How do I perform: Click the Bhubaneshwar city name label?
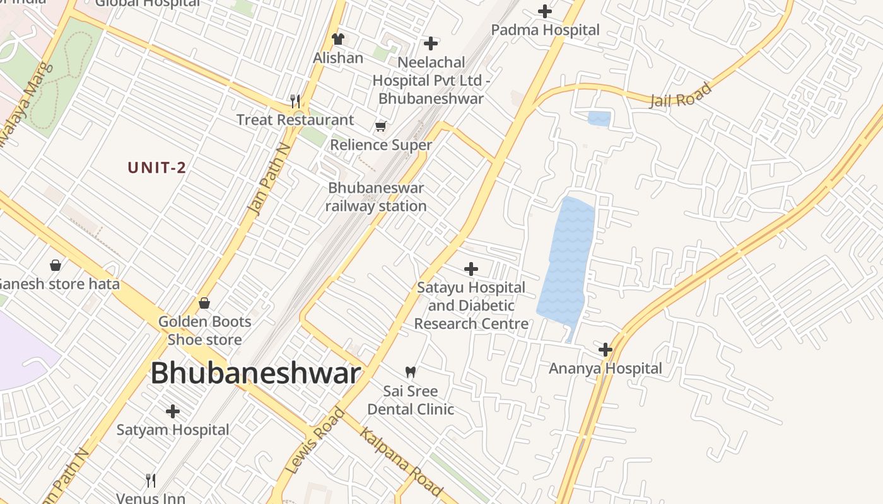coord(255,373)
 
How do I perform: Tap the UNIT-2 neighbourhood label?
coord(157,168)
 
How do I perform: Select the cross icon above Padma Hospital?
coord(545,11)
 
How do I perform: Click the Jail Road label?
coord(681,95)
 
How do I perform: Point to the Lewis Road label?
coord(315,441)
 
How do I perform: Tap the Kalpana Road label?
coord(401,462)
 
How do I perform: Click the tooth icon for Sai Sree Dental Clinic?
coord(411,372)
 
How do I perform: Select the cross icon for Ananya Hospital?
coord(605,349)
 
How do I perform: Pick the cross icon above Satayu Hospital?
coord(471,269)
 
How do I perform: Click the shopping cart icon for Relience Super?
coord(380,127)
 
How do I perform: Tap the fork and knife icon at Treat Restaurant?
coord(295,101)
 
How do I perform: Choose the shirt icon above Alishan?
coord(338,39)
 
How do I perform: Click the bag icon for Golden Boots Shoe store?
coord(204,303)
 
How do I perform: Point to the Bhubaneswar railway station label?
coord(377,197)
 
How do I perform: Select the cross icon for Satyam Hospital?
coord(173,411)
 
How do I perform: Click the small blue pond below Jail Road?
coord(599,118)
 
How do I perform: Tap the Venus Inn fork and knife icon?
coord(151,481)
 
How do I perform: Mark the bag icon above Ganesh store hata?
coord(56,265)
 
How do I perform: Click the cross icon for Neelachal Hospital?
coord(431,43)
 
